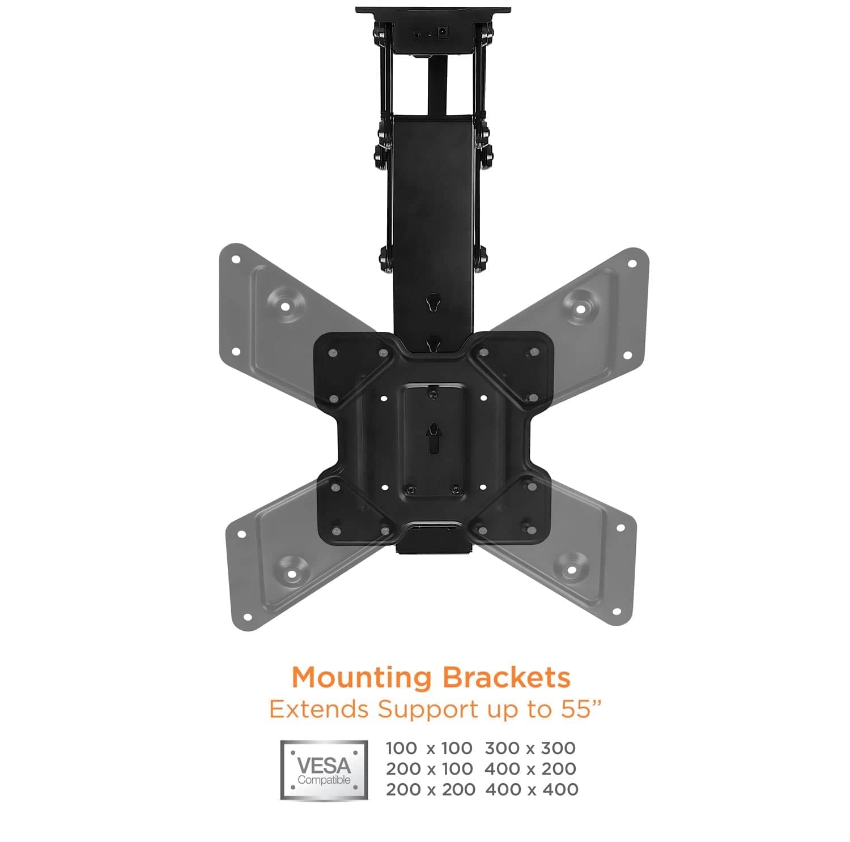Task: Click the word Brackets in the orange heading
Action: pos(506,677)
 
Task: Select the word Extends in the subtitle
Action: pos(320,709)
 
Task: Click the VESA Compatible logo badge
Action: pos(324,770)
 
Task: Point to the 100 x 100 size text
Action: pos(429,748)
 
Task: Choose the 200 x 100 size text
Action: pos(429,768)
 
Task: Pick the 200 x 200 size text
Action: pos(430,789)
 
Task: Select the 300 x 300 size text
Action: pos(530,748)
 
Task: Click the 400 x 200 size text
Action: pos(531,768)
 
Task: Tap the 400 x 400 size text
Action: pos(532,789)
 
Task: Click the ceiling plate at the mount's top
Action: pos(433,11)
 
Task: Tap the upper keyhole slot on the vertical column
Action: pos(433,301)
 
